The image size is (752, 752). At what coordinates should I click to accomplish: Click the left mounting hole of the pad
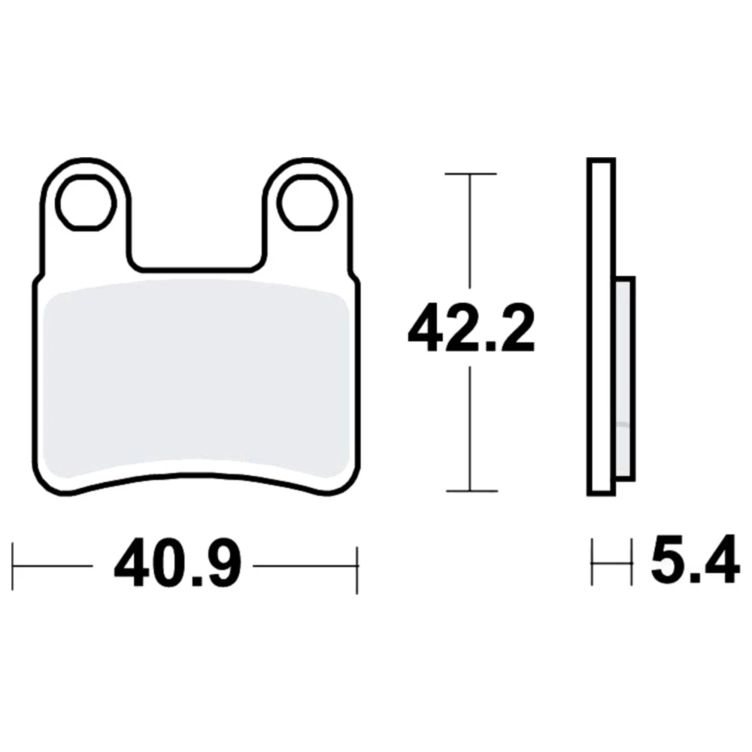(86, 202)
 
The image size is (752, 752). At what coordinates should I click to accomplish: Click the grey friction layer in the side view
(624, 378)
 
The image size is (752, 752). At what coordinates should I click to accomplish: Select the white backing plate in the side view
(601, 326)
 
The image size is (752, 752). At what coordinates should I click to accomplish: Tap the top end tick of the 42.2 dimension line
(471, 174)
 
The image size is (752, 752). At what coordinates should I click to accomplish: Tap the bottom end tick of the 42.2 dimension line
(472, 490)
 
